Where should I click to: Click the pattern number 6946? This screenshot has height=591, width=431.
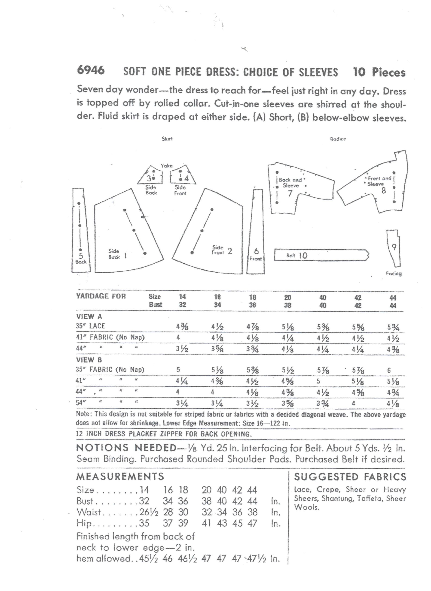click(x=91, y=70)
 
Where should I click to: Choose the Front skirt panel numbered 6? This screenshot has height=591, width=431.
click(x=256, y=235)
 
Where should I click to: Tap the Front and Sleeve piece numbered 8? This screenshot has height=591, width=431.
click(x=378, y=188)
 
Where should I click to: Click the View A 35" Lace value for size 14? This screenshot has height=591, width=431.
click(x=182, y=326)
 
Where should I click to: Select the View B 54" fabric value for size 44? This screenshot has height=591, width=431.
click(x=393, y=404)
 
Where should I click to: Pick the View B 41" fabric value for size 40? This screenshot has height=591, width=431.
click(x=318, y=381)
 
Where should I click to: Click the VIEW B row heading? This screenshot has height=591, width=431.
click(x=89, y=360)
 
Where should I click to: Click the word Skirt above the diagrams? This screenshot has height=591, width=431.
click(x=167, y=139)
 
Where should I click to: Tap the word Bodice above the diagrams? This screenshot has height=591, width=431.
click(x=338, y=139)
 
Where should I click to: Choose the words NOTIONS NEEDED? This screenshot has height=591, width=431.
click(x=127, y=448)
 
